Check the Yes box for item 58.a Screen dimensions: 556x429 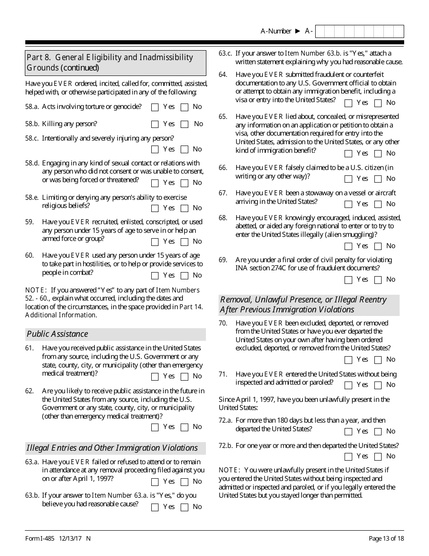tap(155, 108)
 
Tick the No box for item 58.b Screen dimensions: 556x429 tap(184, 124)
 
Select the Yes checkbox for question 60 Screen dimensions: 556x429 tap(155, 276)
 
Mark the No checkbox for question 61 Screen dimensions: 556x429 tap(184, 377)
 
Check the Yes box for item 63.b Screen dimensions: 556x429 tap(155, 507)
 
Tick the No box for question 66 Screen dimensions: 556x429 tap(378, 179)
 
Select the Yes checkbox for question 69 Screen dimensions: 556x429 tap(348, 280)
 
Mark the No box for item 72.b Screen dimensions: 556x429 tap(378, 457)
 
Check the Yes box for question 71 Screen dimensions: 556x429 tap(348, 385)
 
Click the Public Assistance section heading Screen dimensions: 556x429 tap(57, 334)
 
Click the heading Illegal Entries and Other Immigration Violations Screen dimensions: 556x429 tap(112, 448)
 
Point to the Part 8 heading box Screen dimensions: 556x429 tap(116, 63)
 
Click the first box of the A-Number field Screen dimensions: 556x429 tap(320, 31)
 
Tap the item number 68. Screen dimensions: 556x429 tap(223, 218)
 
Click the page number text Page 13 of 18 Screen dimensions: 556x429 tap(386, 538)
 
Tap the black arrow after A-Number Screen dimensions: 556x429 tap(298, 31)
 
